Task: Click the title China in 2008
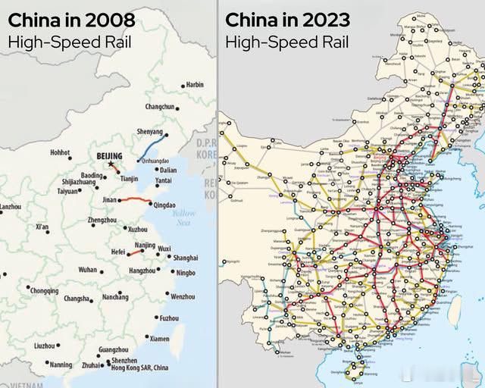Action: (x=71, y=20)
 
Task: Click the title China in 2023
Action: (x=289, y=20)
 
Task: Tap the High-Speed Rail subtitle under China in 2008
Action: (x=69, y=42)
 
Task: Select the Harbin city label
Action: (x=194, y=85)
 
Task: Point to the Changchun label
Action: (x=160, y=107)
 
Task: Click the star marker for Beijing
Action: (x=111, y=164)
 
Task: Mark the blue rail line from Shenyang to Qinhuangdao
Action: (x=154, y=145)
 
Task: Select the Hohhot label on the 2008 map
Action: (x=61, y=152)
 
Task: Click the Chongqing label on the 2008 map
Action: (x=44, y=290)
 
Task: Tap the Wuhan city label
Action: (x=87, y=269)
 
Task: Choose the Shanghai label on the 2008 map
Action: (x=185, y=258)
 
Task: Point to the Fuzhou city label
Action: (x=169, y=318)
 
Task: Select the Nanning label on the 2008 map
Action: (x=60, y=365)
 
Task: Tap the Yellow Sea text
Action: (x=183, y=218)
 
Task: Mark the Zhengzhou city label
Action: (x=102, y=220)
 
